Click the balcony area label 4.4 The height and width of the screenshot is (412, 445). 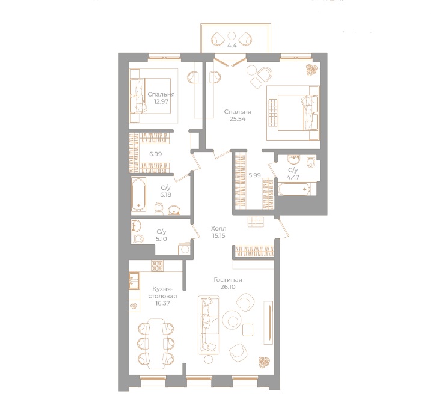[232, 44]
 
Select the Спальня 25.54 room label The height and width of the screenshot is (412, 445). [238, 115]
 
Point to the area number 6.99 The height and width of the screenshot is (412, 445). [155, 154]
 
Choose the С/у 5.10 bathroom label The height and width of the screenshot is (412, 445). [161, 235]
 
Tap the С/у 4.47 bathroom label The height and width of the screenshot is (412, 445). [293, 174]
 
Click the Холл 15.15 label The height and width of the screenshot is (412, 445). [218, 232]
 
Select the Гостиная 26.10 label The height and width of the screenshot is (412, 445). [228, 284]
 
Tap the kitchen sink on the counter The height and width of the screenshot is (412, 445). [133, 280]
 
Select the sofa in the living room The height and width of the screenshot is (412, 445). [208, 324]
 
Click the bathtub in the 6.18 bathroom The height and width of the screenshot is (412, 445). [140, 196]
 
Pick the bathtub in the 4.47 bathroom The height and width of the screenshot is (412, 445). [294, 190]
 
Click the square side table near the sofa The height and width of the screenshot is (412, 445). [248, 329]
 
